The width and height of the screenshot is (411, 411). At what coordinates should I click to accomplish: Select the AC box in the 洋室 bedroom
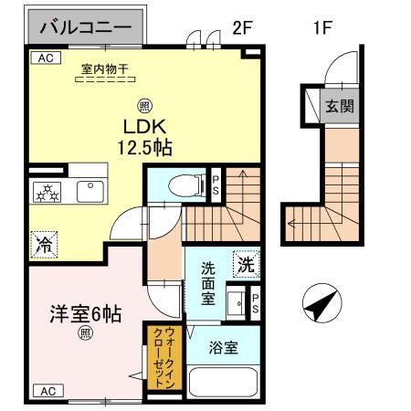(x=46, y=390)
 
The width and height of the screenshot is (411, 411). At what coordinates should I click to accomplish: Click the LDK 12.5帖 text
(x=143, y=135)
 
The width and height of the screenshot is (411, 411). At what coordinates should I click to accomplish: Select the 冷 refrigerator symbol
(x=44, y=244)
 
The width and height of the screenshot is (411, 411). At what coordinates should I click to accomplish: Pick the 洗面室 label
(x=207, y=283)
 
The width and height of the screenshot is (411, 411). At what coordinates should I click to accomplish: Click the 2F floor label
(x=241, y=27)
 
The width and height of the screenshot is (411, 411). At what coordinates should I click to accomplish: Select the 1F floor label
(x=321, y=27)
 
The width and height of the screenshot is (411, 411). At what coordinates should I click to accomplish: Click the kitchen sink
(x=91, y=191)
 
